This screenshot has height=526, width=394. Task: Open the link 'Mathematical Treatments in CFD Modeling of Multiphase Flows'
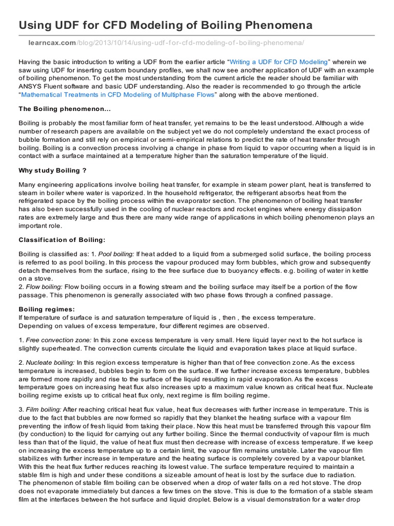tap(119, 95)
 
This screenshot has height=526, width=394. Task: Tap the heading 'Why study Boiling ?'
tap(49, 171)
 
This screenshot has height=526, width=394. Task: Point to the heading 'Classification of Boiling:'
tap(62, 239)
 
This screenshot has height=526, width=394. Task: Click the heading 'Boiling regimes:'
tap(47, 309)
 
